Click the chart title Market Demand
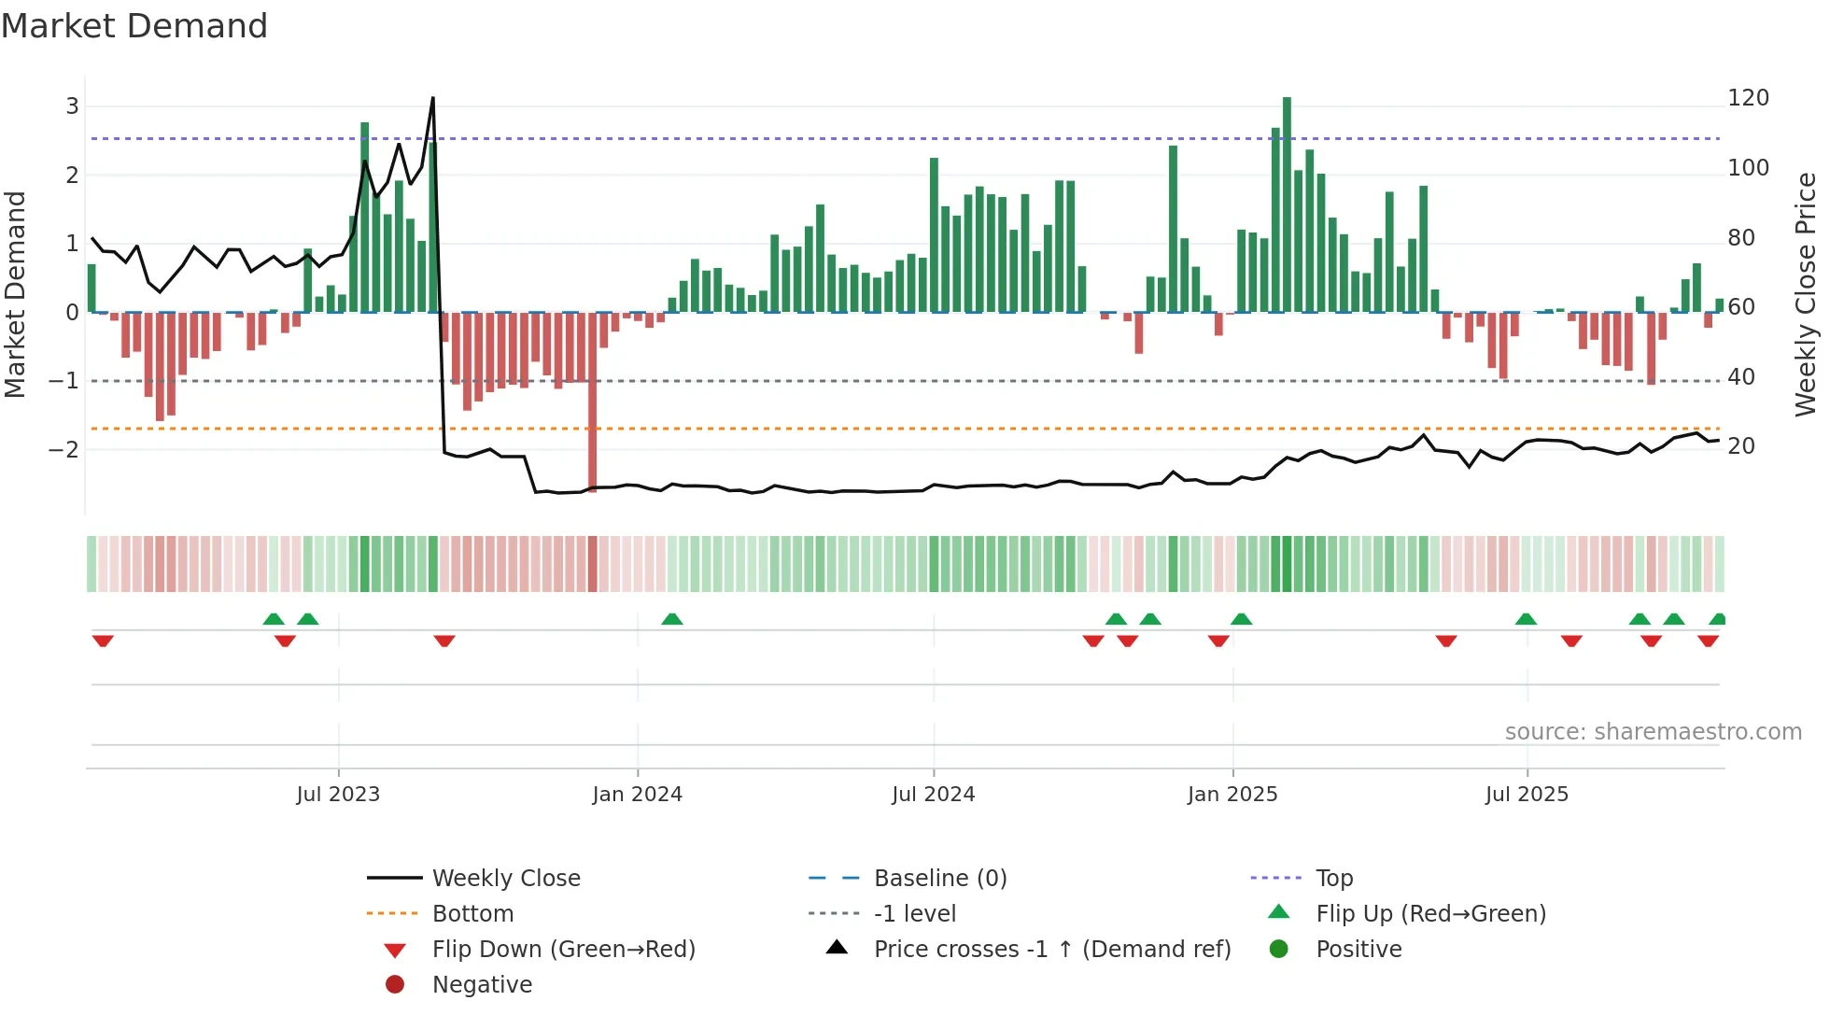[134, 26]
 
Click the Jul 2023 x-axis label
[338, 795]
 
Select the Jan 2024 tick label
[638, 795]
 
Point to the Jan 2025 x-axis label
[1232, 795]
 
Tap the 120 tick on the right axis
[1748, 98]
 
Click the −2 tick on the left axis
[63, 449]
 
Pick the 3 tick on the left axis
[72, 106]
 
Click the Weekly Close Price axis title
[1806, 294]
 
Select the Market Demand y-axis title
[16, 294]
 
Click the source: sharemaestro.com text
[1653, 732]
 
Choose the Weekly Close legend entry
[505, 879]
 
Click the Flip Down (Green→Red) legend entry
[563, 950]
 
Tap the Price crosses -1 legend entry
[1051, 950]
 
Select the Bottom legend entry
[472, 914]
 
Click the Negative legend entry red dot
[395, 985]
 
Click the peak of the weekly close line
[432, 98]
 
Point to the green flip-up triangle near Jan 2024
[672, 619]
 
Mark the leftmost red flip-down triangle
[103, 641]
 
